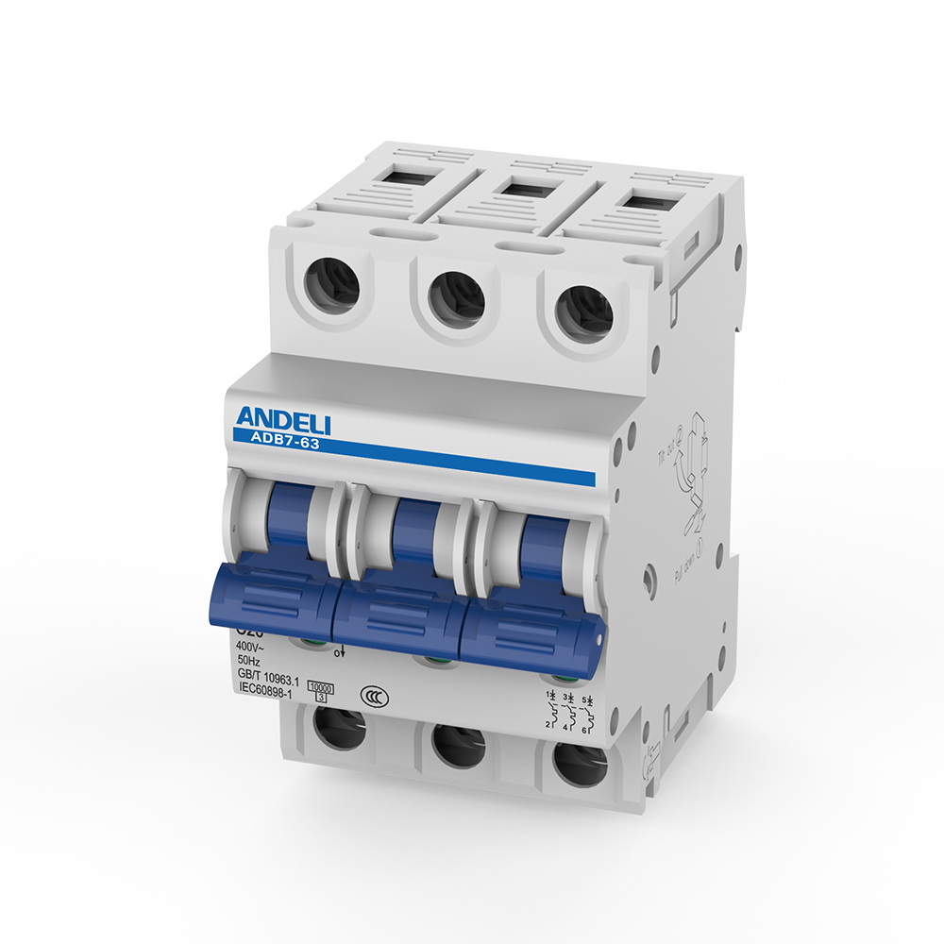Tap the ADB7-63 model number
pyautogui.click(x=285, y=439)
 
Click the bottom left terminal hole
pyautogui.click(x=339, y=728)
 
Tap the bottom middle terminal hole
pyautogui.click(x=458, y=745)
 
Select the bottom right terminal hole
pyautogui.click(x=580, y=764)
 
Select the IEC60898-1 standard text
pyautogui.click(x=264, y=692)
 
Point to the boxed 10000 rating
pyautogui.click(x=322, y=688)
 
